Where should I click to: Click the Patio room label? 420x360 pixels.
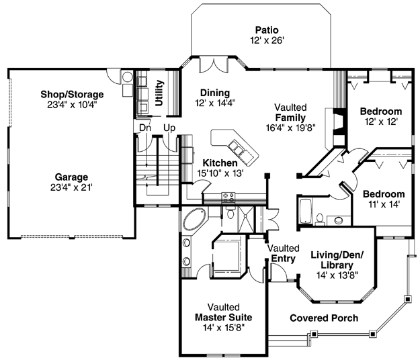(x=267, y=30)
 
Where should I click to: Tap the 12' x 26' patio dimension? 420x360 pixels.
(x=267, y=40)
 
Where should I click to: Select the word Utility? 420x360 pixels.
(x=159, y=93)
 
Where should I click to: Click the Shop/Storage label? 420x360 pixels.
(x=72, y=94)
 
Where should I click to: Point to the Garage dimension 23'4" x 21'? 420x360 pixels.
(x=71, y=187)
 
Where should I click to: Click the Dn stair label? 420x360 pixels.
(x=145, y=128)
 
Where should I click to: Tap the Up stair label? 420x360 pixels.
(x=169, y=128)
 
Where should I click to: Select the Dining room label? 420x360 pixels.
(x=215, y=93)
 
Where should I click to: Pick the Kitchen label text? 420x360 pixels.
(x=220, y=163)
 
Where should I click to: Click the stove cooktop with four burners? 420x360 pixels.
(x=228, y=197)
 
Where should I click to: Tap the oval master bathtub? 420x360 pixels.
(x=195, y=219)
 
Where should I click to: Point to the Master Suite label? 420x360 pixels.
(x=223, y=317)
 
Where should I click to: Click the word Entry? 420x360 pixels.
(x=283, y=259)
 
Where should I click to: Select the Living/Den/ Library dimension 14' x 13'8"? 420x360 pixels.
(x=337, y=275)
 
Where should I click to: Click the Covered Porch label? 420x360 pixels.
(x=324, y=318)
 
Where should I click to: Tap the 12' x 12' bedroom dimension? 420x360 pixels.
(x=381, y=122)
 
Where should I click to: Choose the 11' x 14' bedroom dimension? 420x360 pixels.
(x=384, y=204)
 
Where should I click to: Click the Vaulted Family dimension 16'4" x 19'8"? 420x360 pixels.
(x=290, y=128)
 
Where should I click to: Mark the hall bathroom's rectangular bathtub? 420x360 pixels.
(x=305, y=211)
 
